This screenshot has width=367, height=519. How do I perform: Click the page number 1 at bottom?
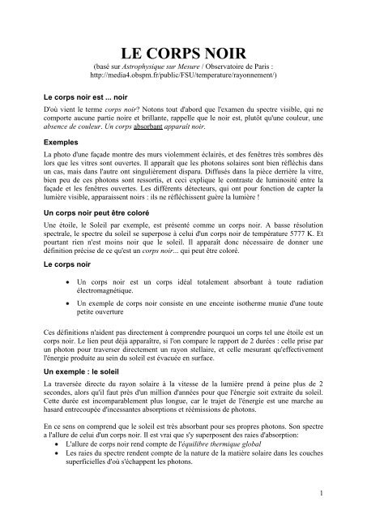point(344,491)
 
